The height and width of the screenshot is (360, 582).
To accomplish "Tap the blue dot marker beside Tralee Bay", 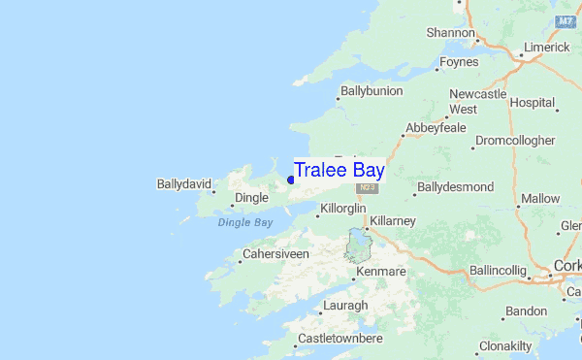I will point(291,180).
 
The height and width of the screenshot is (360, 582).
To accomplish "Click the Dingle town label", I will point(250,198).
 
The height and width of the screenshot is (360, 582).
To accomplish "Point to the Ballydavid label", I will point(184,182).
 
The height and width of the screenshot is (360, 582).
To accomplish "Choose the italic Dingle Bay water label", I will point(245,222).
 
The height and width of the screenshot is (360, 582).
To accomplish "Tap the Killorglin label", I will point(342,209).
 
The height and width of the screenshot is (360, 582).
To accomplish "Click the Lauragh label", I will point(347,306).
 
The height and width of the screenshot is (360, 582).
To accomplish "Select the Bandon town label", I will point(527,311).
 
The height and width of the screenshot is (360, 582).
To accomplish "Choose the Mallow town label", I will point(540,199).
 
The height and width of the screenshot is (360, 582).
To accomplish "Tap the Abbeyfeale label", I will point(436,127).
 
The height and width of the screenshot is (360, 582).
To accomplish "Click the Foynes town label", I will point(458,62).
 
